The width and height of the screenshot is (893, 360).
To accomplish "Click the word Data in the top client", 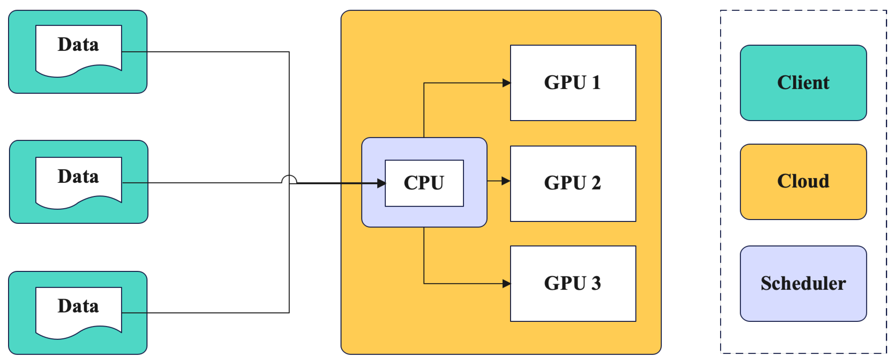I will tap(79, 45).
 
